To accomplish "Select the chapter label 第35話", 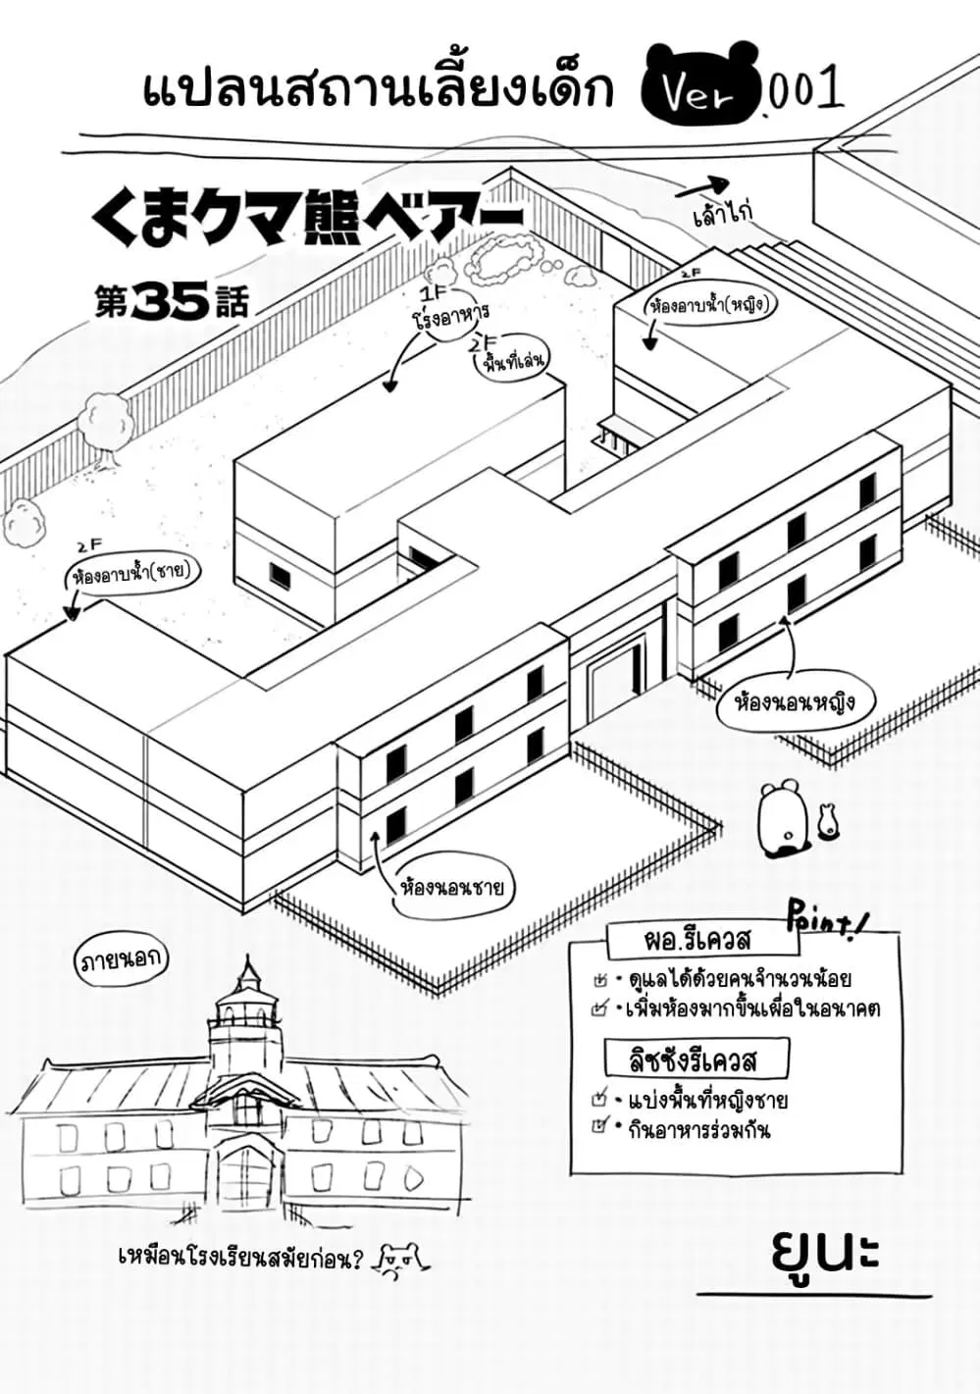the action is pyautogui.click(x=172, y=302).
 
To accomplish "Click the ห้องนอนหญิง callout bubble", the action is pyautogui.click(x=796, y=705).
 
